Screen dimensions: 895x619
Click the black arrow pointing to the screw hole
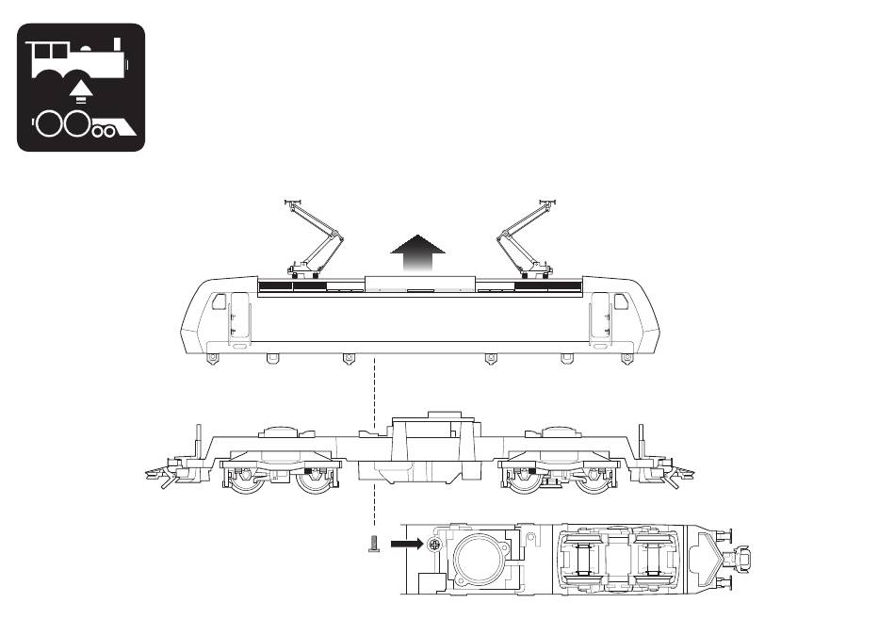pyautogui.click(x=407, y=544)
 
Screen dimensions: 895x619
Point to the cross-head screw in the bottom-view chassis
pyautogui.click(x=434, y=545)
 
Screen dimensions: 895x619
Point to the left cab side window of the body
pyautogui.click(x=219, y=301)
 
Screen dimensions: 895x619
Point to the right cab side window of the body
pyautogui.click(x=621, y=301)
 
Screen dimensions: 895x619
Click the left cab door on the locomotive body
pyautogui.click(x=239, y=318)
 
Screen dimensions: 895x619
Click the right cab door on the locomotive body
pyautogui.click(x=599, y=318)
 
